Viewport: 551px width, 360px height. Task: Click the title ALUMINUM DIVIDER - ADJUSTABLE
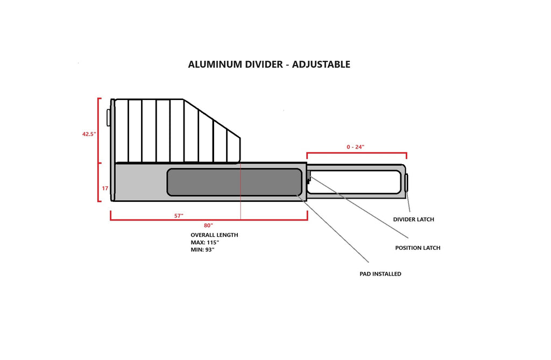(x=269, y=65)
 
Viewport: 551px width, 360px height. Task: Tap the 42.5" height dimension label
(x=89, y=134)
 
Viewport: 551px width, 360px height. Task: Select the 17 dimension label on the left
(x=105, y=188)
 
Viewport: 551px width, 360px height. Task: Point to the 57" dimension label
(x=179, y=216)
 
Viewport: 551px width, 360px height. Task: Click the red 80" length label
(x=208, y=224)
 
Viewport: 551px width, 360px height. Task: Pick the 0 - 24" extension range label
(x=356, y=146)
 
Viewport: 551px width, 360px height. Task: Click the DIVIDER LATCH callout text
(x=413, y=220)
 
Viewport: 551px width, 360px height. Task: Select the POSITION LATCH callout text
(x=418, y=248)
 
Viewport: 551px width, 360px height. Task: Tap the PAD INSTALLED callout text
(x=380, y=274)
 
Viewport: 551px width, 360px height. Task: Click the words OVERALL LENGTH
(x=214, y=235)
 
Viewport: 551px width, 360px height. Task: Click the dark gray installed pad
(x=234, y=182)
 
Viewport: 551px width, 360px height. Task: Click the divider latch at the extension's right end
(x=406, y=182)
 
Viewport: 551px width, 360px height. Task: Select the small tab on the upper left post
(x=109, y=117)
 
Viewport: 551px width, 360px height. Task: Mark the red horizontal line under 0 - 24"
(x=356, y=153)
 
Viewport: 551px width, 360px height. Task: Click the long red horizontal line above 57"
(x=209, y=220)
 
